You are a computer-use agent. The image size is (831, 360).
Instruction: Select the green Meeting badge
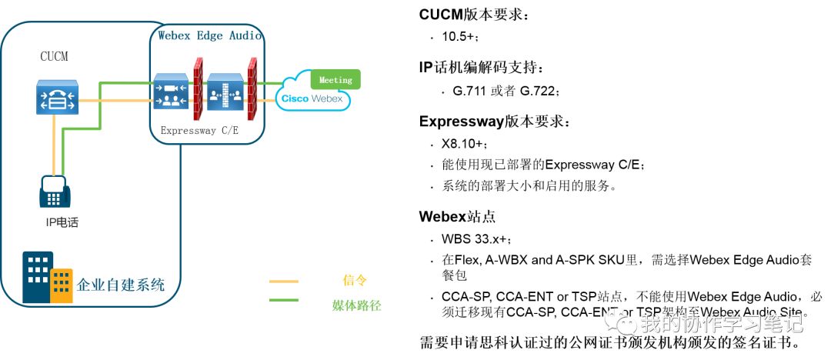coord(335,79)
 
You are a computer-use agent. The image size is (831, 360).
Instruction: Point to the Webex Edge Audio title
coord(209,35)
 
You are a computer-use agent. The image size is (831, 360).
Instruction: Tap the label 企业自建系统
coord(121,285)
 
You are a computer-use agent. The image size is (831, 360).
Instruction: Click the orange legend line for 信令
coord(284,281)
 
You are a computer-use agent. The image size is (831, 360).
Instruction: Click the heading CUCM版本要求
coord(474,15)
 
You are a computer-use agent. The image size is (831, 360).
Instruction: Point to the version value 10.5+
coord(461,37)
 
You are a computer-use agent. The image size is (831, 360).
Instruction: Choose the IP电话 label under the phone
coord(62,223)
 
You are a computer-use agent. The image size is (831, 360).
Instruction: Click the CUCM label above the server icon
coord(55,56)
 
